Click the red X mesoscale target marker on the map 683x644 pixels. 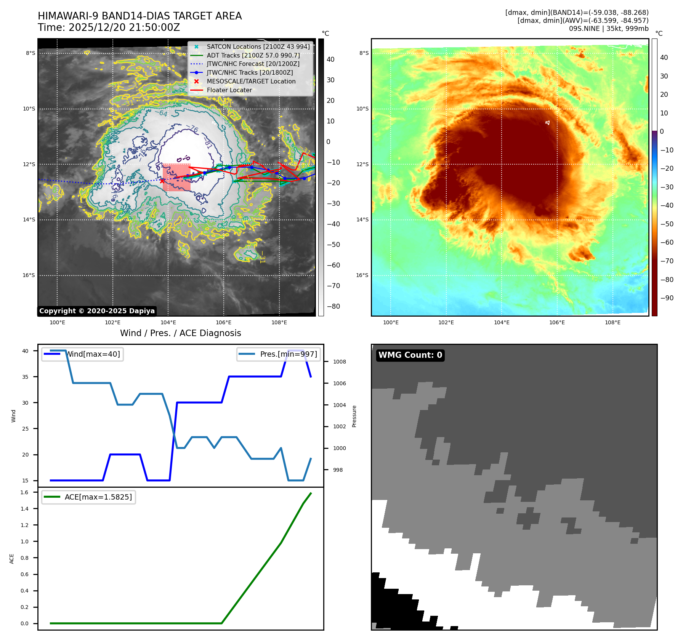[x=162, y=181]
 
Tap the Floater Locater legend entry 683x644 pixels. [x=229, y=90]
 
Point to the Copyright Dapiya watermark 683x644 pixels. [x=97, y=311]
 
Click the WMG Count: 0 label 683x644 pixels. [x=410, y=355]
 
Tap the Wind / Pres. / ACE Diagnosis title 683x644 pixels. [x=181, y=333]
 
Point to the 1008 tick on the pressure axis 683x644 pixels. [x=339, y=362]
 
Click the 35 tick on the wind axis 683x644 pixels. [x=25, y=377]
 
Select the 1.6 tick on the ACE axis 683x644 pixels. [x=24, y=492]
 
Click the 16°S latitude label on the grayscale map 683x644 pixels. [x=29, y=275]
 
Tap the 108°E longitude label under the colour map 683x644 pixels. [x=612, y=322]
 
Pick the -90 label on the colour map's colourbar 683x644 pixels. [x=667, y=298]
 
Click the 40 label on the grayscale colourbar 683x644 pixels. [x=330, y=59]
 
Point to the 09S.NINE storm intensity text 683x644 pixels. [x=608, y=29]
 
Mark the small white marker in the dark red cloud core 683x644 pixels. [x=547, y=123]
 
